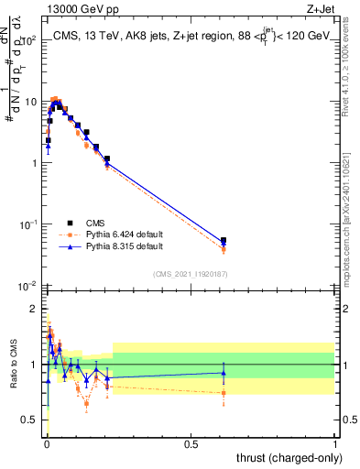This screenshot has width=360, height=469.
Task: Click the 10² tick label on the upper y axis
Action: (x=29, y=40)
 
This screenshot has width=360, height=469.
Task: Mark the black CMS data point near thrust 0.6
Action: (x=224, y=241)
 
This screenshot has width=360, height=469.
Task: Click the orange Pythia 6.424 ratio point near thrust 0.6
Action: (x=224, y=393)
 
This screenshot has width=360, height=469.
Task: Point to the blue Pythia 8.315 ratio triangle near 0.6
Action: (x=224, y=372)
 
